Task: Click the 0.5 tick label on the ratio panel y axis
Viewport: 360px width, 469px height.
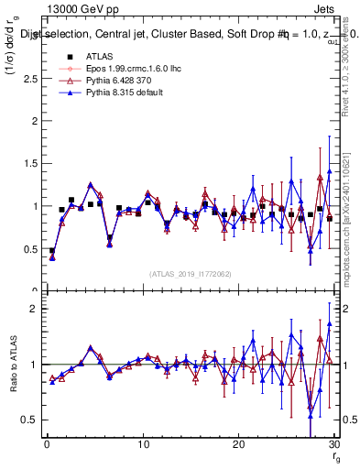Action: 29,420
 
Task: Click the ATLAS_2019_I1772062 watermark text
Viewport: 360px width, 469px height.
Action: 191,273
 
